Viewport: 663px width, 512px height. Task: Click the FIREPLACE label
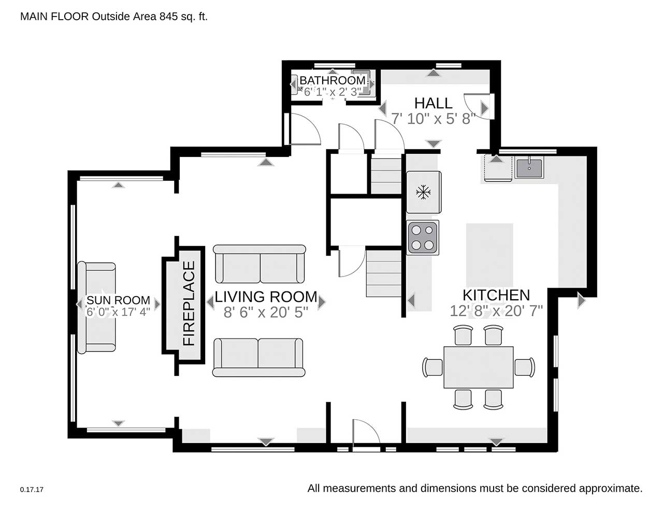[189, 303]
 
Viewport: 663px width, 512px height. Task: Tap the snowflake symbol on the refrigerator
[423, 193]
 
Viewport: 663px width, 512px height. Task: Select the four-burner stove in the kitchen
[423, 238]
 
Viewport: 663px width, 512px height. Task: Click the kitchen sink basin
[529, 167]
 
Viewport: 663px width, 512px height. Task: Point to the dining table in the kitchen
[479, 367]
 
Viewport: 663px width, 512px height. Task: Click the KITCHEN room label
[496, 295]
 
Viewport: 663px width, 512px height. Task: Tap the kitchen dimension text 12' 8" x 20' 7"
[496, 311]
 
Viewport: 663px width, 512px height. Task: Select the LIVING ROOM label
[266, 297]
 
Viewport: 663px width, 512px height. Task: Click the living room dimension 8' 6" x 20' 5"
[266, 312]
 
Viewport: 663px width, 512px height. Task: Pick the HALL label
[433, 103]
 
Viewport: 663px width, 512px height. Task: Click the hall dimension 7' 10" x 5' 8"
[433, 119]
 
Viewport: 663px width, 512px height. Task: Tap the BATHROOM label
[332, 81]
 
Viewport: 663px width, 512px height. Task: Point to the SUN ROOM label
[118, 300]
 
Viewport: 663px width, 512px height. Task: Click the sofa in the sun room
[96, 308]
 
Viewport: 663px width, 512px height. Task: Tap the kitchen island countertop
[489, 255]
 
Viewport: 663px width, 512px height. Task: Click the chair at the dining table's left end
[433, 367]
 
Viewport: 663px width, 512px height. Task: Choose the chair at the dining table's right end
[525, 367]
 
